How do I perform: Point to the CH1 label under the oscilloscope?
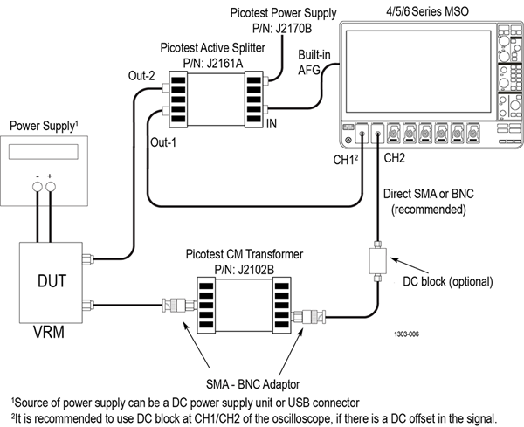pyautogui.click(x=344, y=159)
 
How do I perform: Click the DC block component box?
pyautogui.click(x=377, y=260)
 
